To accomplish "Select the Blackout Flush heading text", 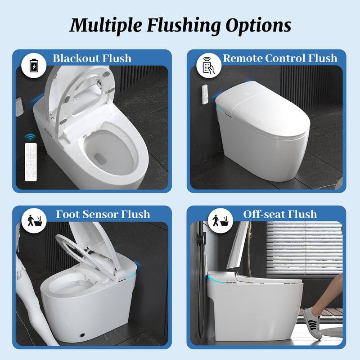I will click(x=92, y=58).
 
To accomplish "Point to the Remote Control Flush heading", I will click(x=280, y=58).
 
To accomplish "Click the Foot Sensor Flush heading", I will click(x=103, y=214).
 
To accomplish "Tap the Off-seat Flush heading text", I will click(x=280, y=214).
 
